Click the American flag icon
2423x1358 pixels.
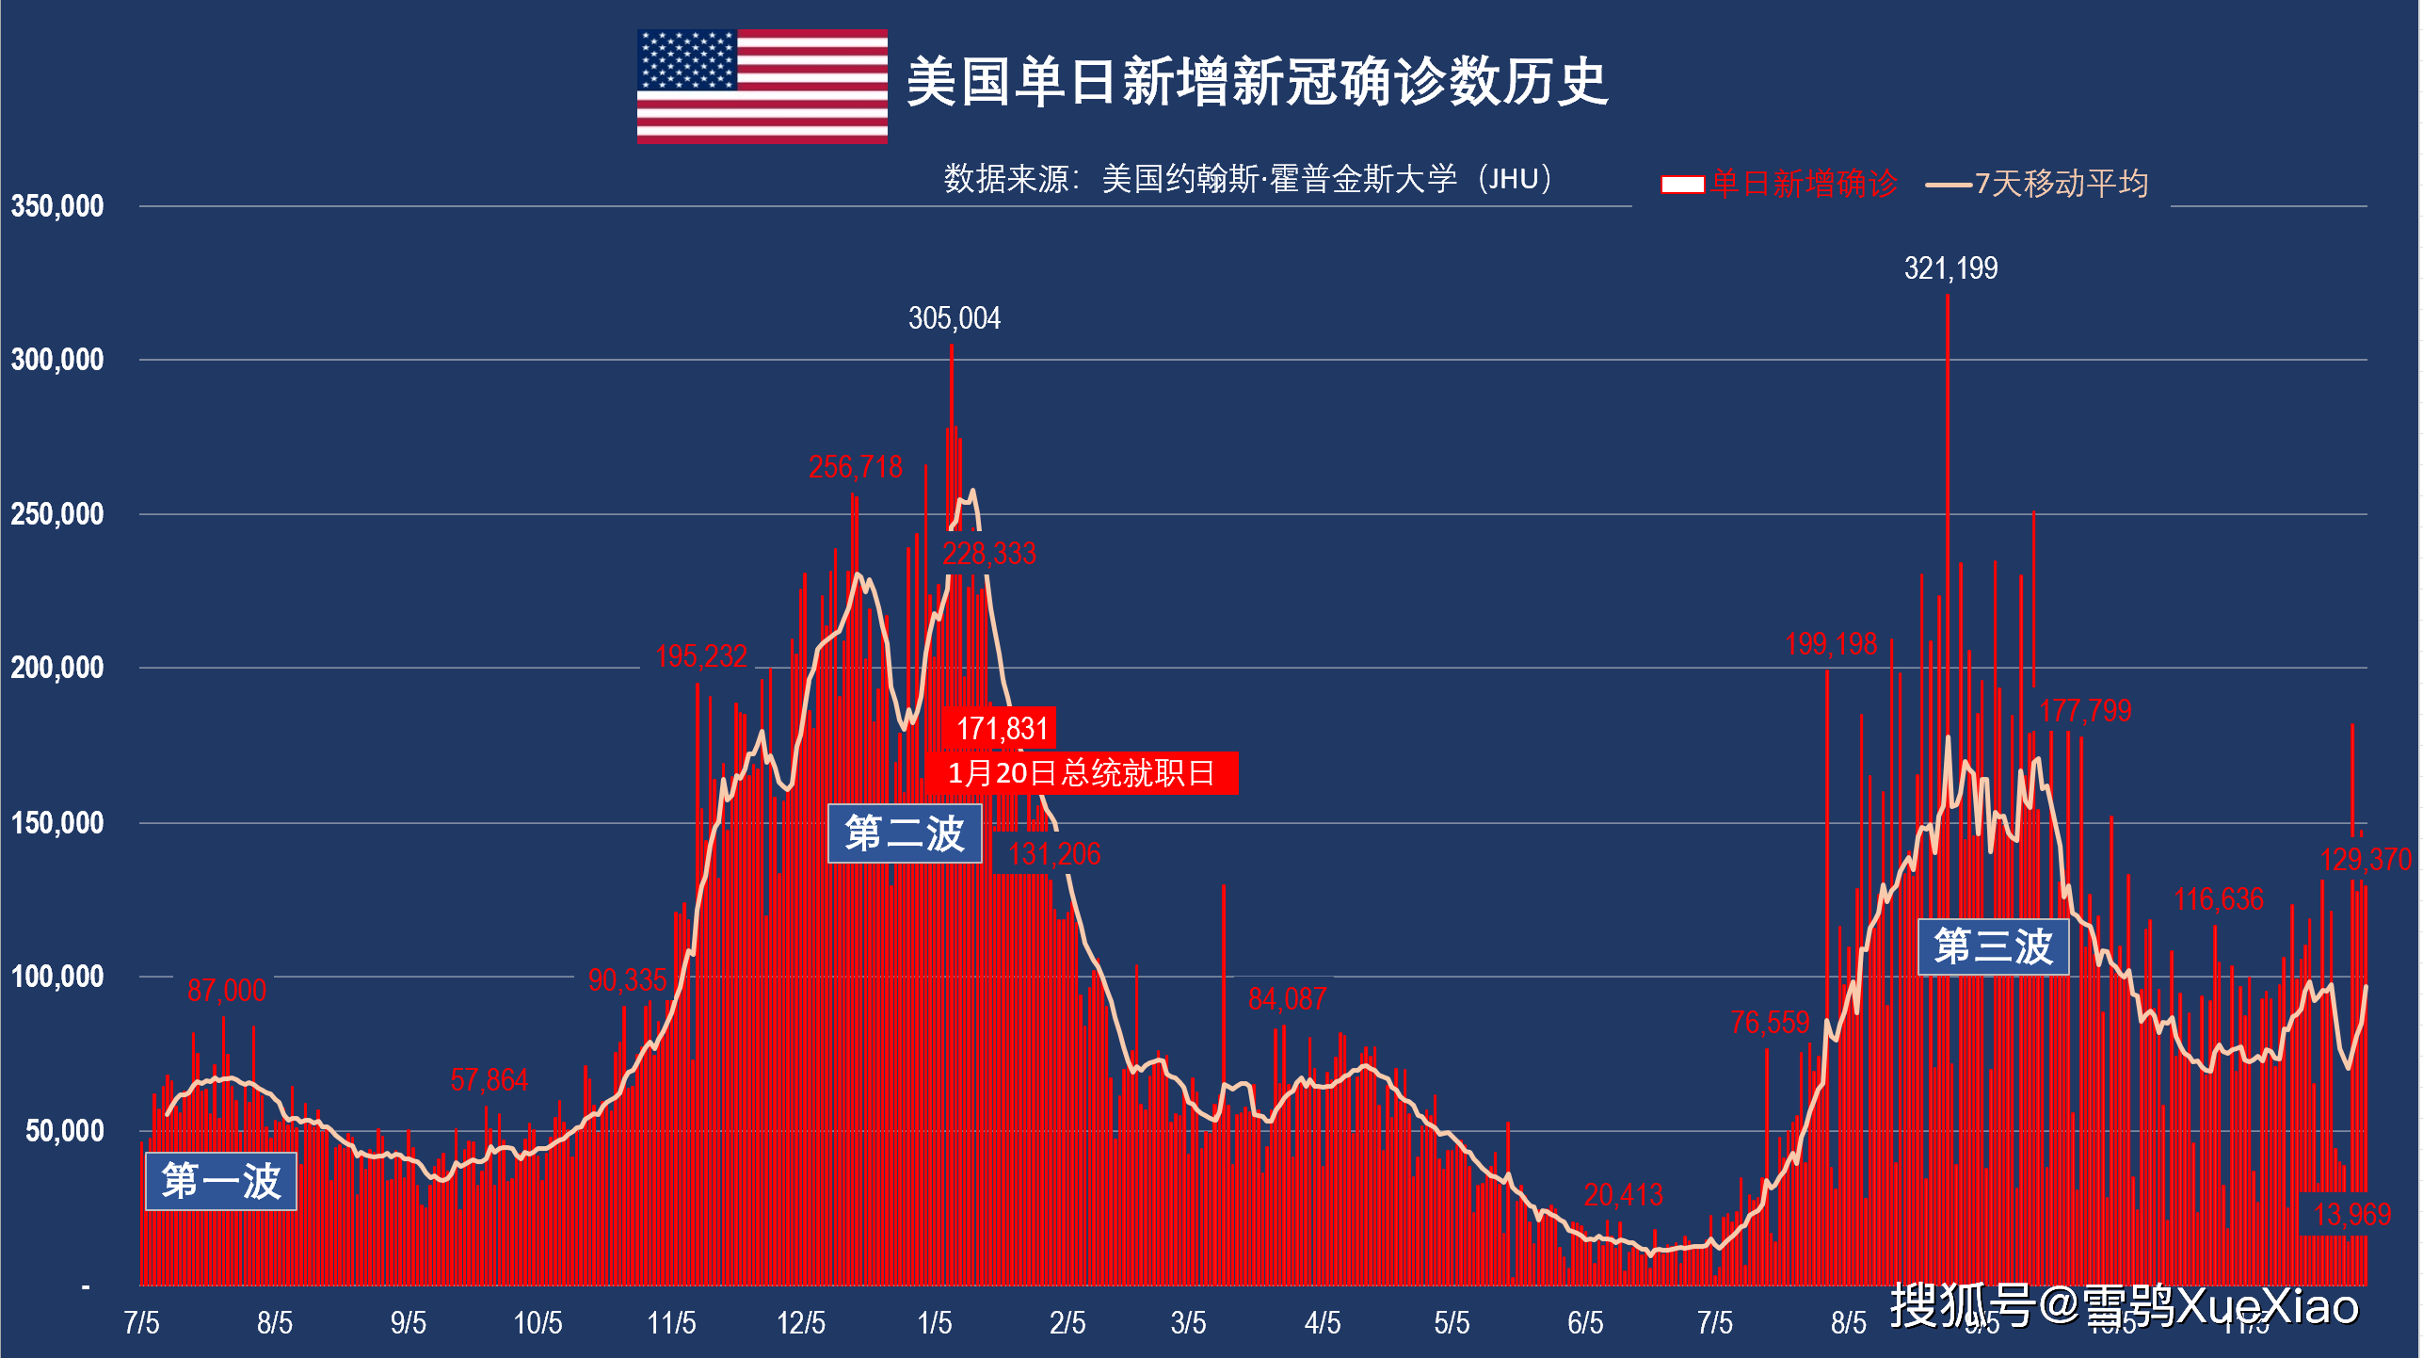click(762, 86)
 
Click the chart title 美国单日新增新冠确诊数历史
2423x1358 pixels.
click(1257, 82)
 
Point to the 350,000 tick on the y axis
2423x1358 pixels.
click(57, 206)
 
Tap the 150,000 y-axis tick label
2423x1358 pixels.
click(57, 823)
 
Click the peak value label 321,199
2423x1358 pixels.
click(1950, 268)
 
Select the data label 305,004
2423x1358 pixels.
click(954, 318)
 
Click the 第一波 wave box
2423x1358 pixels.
click(221, 1181)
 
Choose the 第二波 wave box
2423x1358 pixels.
click(905, 833)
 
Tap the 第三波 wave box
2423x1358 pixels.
click(1993, 946)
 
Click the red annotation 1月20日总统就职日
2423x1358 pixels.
click(1081, 773)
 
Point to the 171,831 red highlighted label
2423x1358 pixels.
click(1002, 728)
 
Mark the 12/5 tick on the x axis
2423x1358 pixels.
click(800, 1323)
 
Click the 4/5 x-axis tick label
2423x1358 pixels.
click(1322, 1323)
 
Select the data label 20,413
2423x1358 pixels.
click(1623, 1195)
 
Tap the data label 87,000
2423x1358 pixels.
click(226, 991)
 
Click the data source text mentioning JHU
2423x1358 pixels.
click(1247, 178)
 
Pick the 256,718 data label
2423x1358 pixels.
click(855, 467)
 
